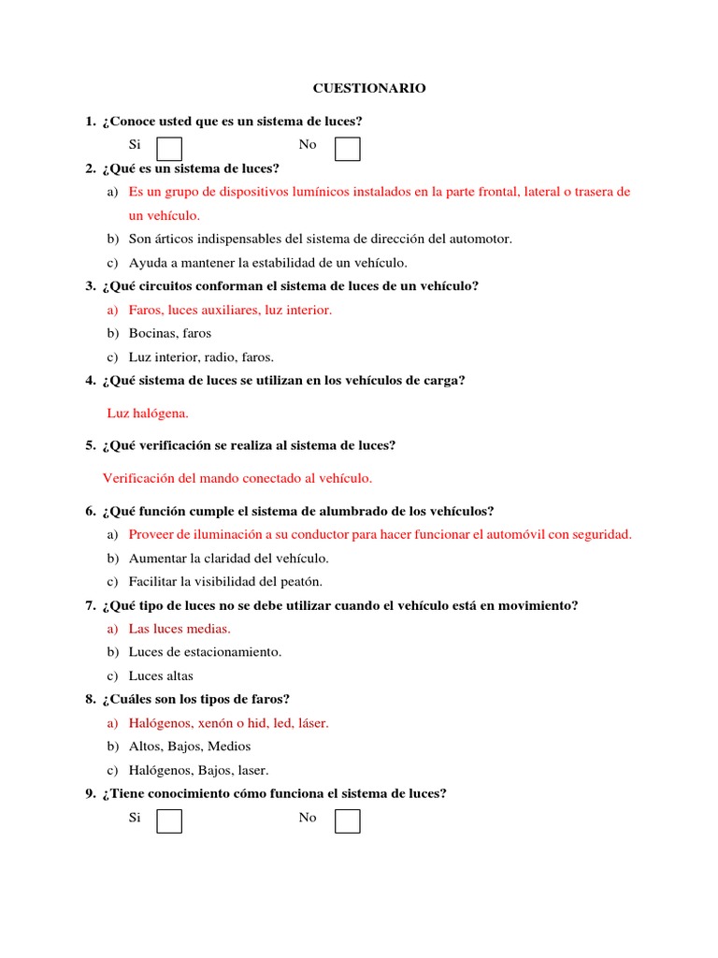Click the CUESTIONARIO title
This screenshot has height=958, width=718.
coord(368,88)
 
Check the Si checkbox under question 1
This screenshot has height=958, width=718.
coord(169,150)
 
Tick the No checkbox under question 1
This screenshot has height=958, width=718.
coord(348,150)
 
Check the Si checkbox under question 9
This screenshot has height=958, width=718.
coord(169,821)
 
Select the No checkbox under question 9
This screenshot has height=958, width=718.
coord(348,821)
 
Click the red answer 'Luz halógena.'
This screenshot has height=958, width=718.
coord(148,413)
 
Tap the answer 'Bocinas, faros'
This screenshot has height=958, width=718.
coord(170,333)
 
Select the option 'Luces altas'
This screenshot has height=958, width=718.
coord(161,675)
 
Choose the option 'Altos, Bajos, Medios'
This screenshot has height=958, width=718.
coord(190,746)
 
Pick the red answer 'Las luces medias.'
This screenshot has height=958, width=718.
coord(179,629)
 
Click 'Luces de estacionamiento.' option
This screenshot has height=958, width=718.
coord(205,652)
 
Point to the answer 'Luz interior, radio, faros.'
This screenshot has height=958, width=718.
coord(201,356)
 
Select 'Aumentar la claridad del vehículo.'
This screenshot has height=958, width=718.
coord(229,559)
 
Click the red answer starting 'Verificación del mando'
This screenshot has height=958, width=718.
coord(237,478)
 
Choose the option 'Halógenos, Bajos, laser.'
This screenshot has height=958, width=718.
coord(199,770)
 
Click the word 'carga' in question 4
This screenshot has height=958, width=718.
coord(443,380)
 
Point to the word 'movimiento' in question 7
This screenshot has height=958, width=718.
coord(540,605)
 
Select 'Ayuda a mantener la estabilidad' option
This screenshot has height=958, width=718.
coord(268,263)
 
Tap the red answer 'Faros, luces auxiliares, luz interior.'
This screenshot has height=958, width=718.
coord(230,310)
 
